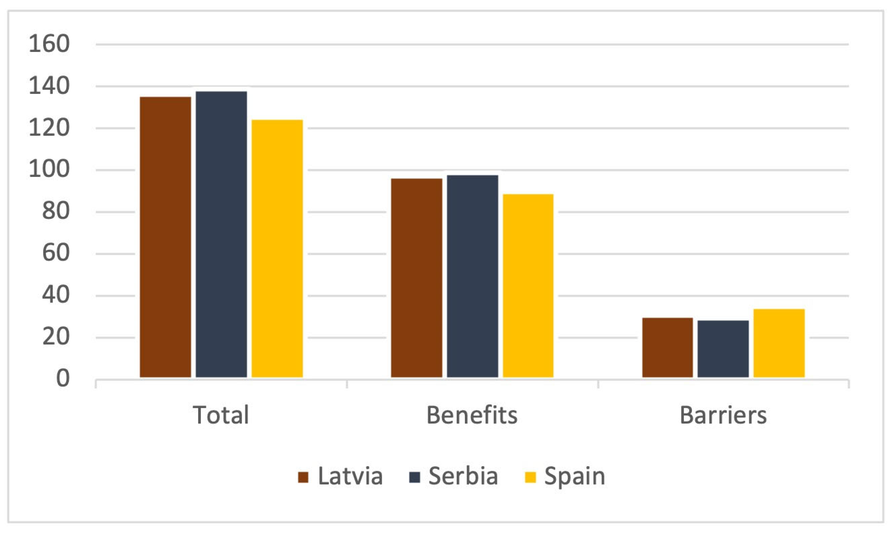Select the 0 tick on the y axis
click(63, 379)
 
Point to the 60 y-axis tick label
click(56, 253)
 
